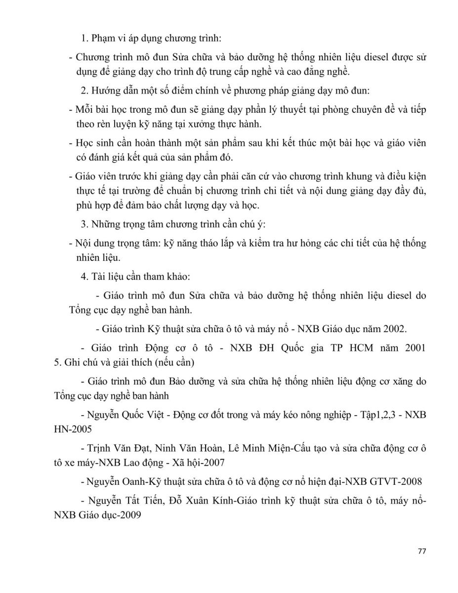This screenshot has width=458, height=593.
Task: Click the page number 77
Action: coord(421,552)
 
